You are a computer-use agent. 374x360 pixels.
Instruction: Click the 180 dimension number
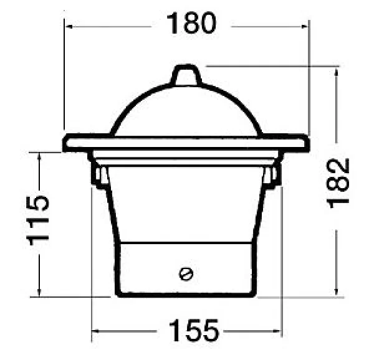[x=191, y=23]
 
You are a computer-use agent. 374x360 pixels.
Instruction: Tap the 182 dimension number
[x=338, y=182]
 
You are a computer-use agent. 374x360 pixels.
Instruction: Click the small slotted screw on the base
[x=186, y=274]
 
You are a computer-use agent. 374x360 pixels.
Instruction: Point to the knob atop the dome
[x=187, y=74]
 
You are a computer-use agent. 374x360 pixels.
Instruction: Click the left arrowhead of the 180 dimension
[x=69, y=26]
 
